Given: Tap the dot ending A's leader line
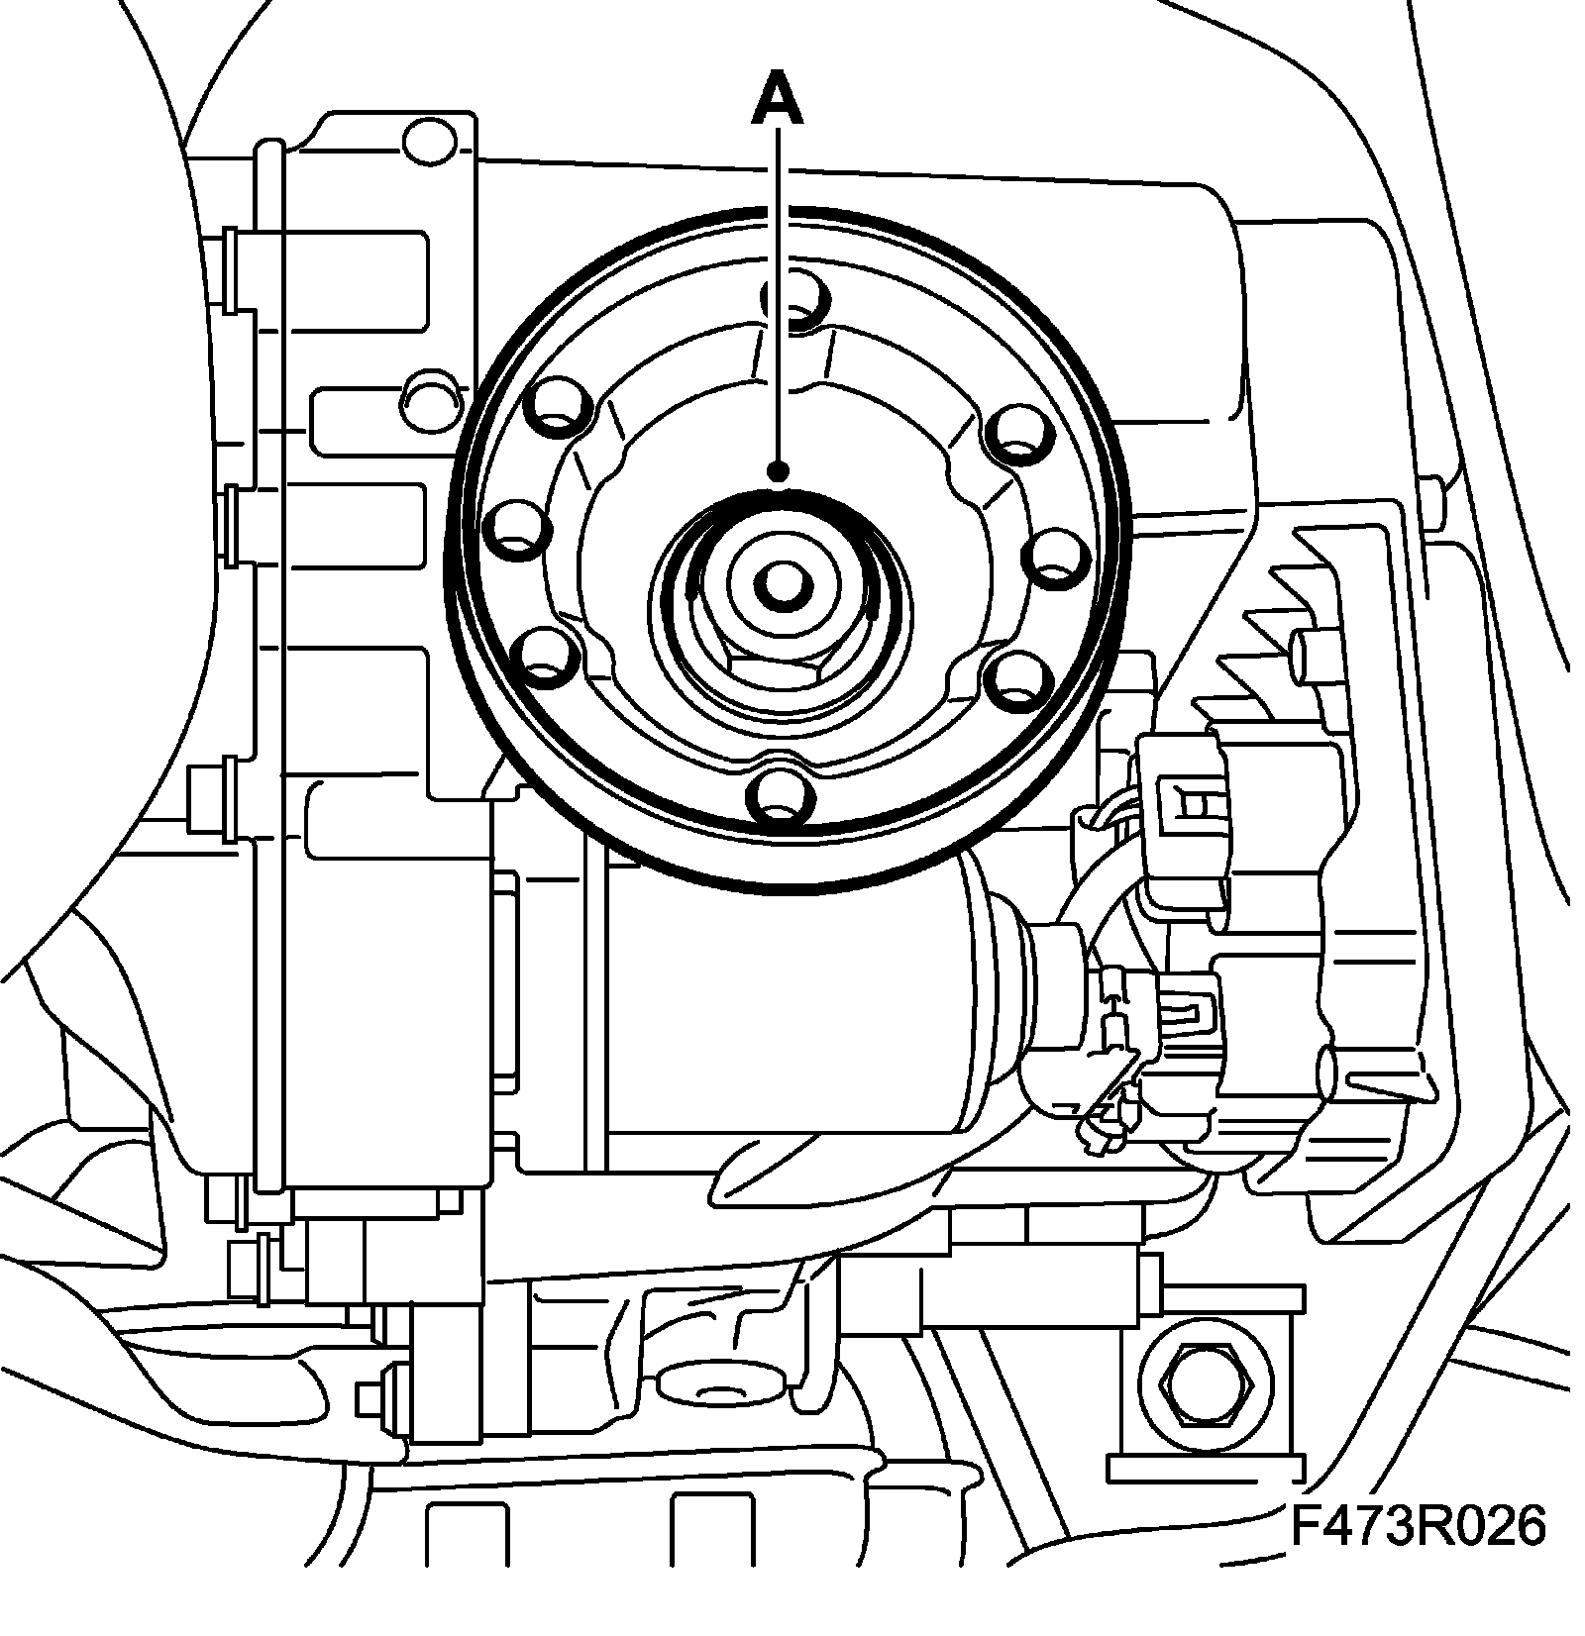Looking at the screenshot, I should tap(781, 471).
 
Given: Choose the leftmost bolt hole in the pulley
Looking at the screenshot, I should tap(519, 527).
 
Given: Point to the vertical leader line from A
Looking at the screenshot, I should tap(780, 297).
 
